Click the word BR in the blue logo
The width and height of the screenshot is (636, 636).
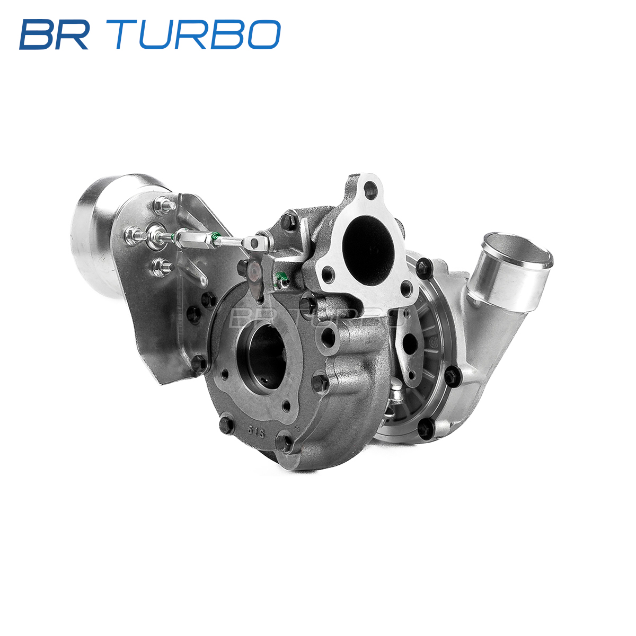(54, 34)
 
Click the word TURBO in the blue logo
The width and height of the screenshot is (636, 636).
(198, 34)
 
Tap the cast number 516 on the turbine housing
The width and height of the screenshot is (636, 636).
(256, 432)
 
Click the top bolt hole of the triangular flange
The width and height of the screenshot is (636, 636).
(370, 189)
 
